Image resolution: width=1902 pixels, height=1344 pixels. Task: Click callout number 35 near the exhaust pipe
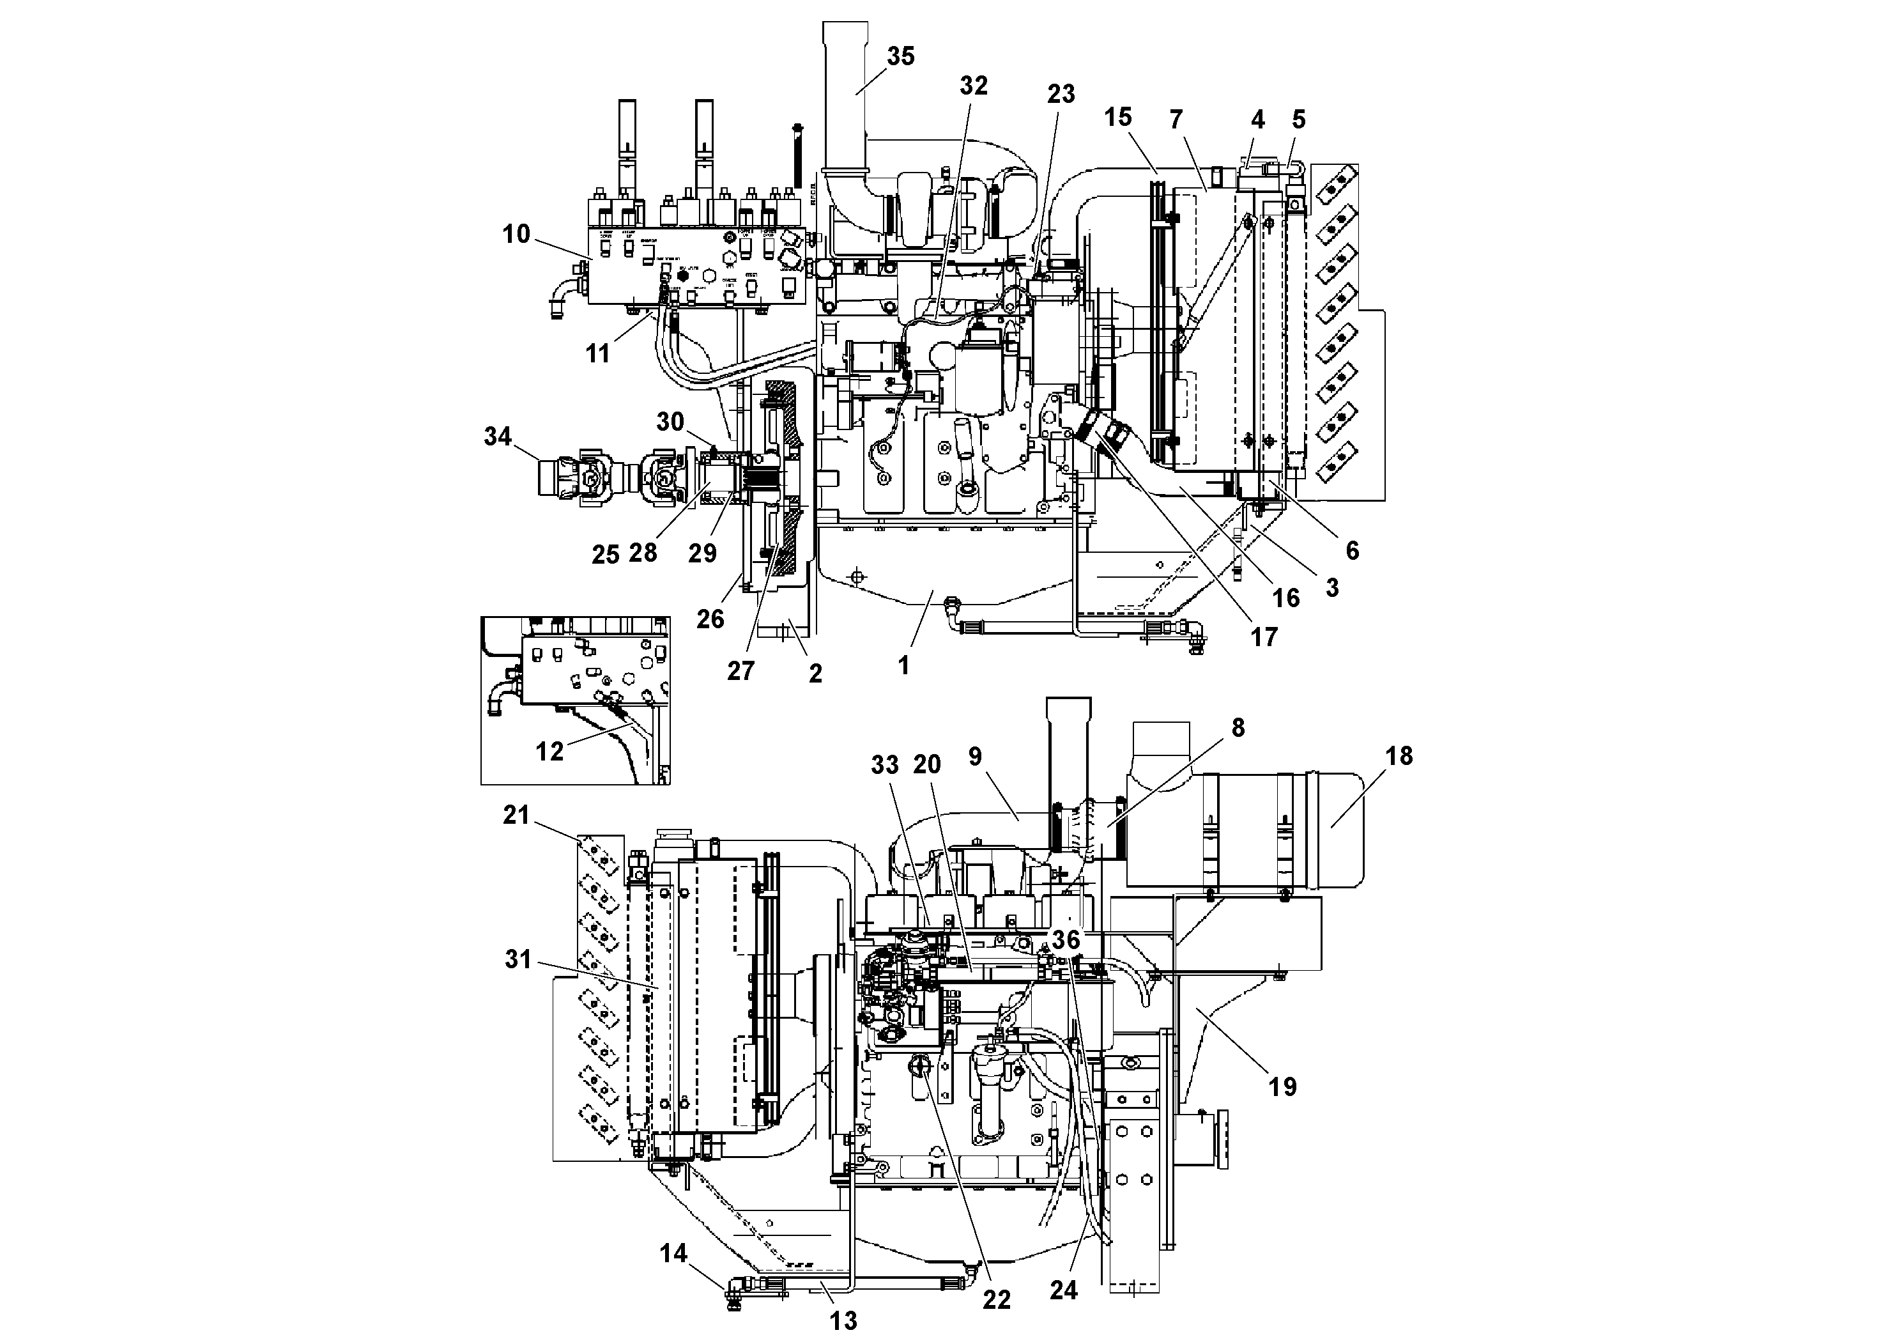point(900,56)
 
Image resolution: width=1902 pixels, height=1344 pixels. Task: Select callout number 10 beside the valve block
point(516,235)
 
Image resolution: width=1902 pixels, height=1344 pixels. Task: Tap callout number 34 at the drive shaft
point(498,436)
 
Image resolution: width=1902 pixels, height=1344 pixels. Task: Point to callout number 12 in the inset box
point(550,752)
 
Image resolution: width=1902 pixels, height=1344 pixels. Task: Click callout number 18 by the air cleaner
point(1399,755)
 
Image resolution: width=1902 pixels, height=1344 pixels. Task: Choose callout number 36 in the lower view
point(1066,939)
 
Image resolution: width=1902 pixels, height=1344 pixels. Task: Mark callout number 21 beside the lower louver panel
point(516,815)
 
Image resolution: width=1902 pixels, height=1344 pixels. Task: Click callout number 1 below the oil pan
point(904,665)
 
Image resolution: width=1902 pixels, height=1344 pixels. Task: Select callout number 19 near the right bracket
point(1283,1087)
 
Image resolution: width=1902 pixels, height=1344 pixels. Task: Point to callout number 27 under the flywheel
point(740,670)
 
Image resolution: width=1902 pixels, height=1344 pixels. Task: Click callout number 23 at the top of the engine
point(1061,95)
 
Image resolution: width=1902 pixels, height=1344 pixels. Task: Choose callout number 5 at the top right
point(1299,120)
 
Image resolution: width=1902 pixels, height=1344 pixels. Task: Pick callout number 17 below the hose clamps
point(1264,637)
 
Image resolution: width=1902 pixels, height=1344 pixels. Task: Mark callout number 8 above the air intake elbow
point(1238,727)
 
